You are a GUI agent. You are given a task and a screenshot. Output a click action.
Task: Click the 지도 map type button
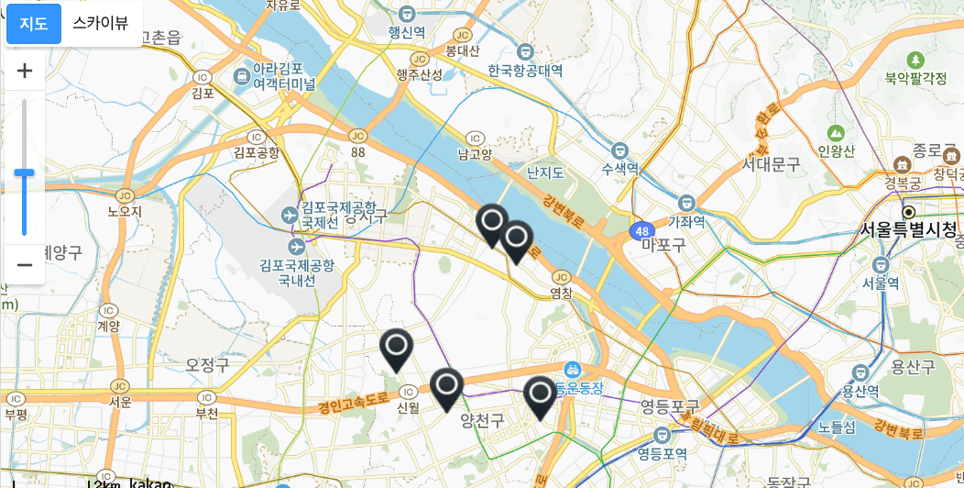[34, 24]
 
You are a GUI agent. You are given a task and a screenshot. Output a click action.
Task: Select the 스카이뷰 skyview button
[101, 24]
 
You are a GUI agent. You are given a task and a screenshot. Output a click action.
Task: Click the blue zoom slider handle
[24, 172]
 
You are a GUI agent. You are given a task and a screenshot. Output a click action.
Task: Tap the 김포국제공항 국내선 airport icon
[296, 247]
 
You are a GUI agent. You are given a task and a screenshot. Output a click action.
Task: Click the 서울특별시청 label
[907, 228]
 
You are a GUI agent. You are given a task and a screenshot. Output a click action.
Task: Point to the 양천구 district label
[483, 420]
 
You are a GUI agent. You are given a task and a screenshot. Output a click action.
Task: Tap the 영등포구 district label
[669, 405]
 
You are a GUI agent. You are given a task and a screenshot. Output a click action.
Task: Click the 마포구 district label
[663, 244]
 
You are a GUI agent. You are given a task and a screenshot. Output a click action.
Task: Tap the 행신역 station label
[407, 32]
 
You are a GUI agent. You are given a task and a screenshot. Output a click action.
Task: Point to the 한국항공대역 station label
[525, 71]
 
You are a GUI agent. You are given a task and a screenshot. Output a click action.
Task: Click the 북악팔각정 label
[915, 79]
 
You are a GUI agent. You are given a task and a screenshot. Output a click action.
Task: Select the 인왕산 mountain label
[836, 150]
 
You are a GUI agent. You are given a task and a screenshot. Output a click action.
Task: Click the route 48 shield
[641, 230]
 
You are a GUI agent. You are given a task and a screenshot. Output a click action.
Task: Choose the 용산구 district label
[914, 367]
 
